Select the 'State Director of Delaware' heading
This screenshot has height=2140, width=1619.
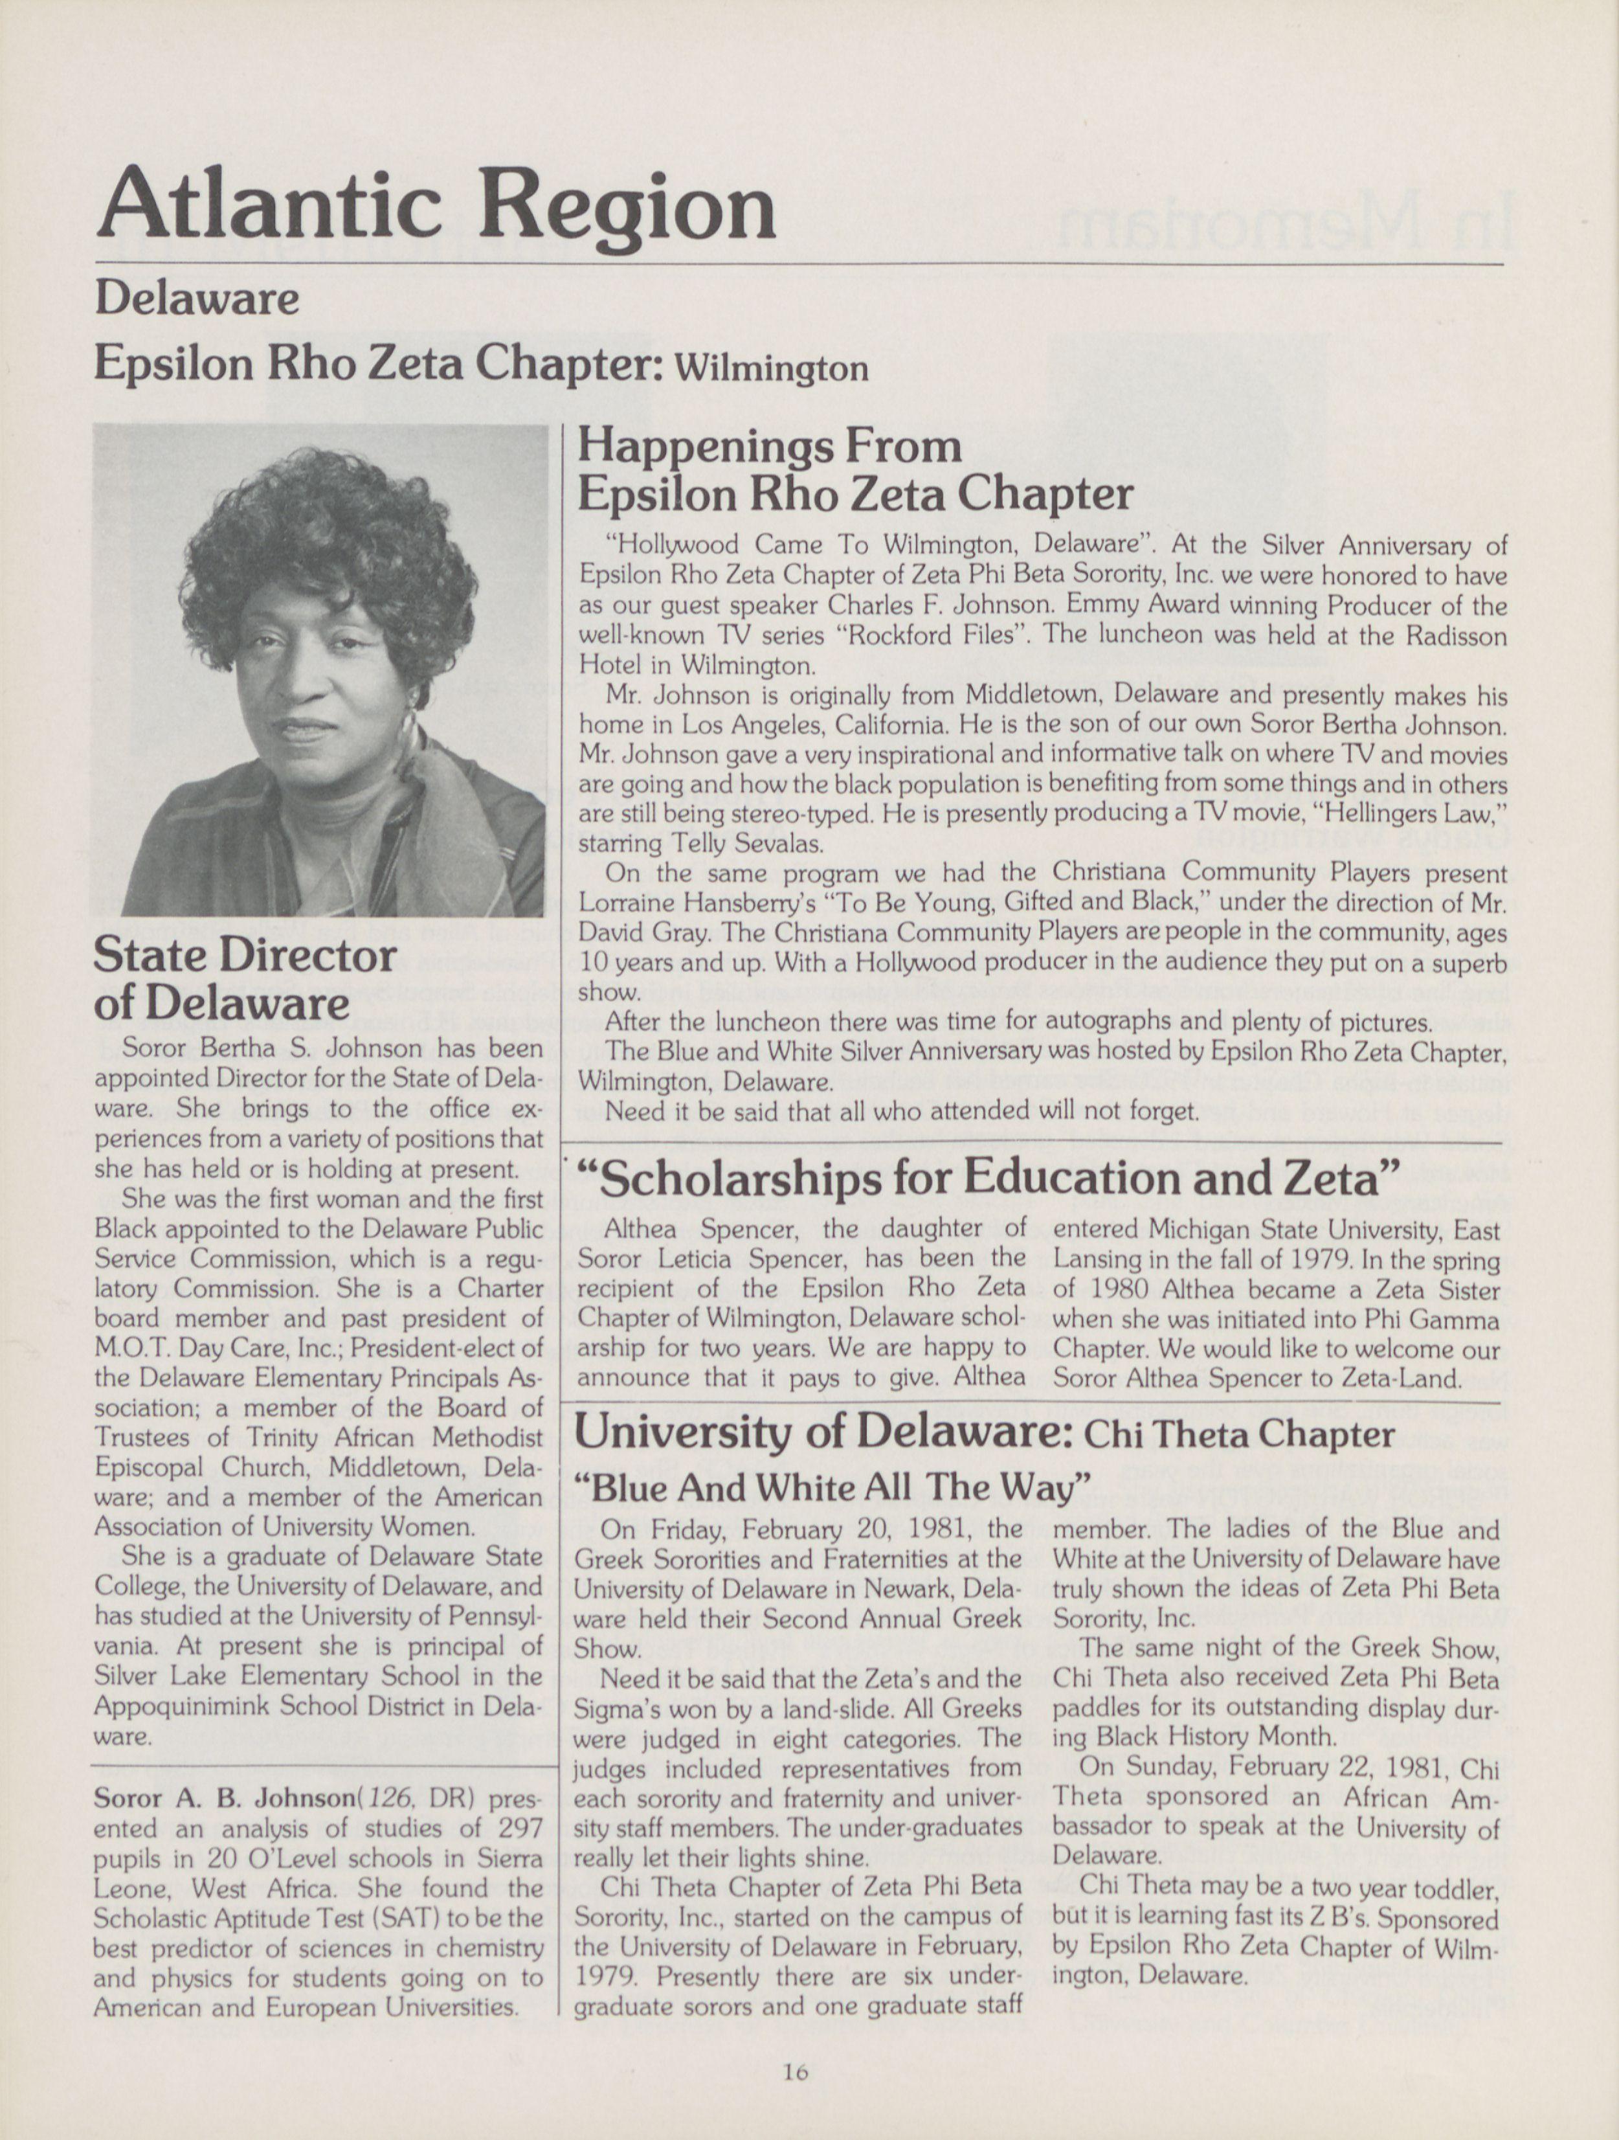coord(245,979)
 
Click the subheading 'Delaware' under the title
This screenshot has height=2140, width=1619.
coord(196,300)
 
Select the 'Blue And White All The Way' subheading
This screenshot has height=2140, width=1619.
coord(832,1486)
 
